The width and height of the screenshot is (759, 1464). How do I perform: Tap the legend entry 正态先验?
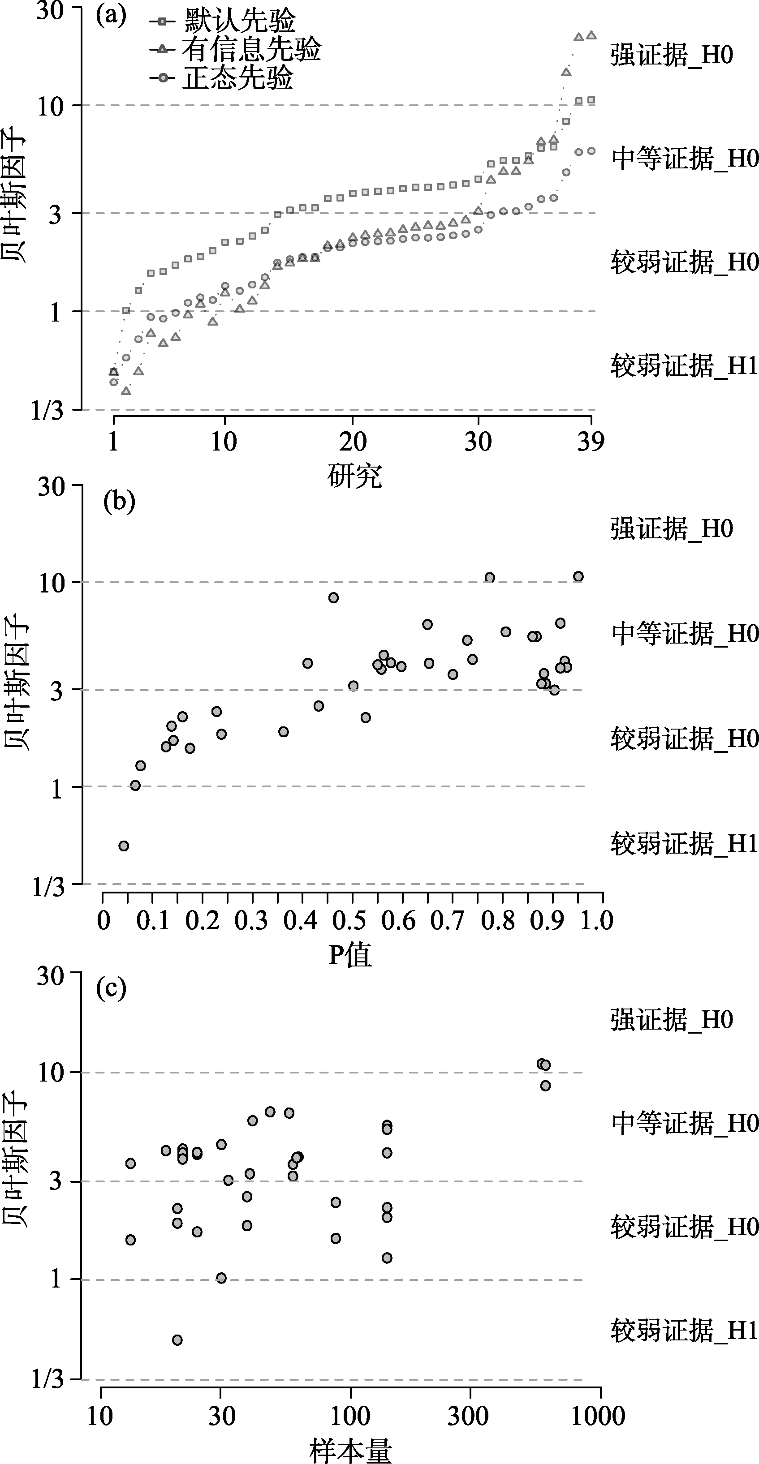(x=237, y=78)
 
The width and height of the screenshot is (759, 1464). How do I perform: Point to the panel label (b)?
(x=119, y=502)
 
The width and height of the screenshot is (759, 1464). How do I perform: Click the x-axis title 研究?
(x=354, y=476)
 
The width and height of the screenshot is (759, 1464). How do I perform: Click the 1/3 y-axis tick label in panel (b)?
(x=48, y=887)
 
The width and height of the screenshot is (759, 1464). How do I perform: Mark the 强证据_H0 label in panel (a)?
(x=672, y=56)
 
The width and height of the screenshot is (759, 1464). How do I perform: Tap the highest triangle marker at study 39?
(x=591, y=35)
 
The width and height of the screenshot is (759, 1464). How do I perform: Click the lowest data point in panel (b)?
(x=123, y=846)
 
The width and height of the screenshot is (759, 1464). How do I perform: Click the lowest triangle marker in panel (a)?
(x=126, y=391)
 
